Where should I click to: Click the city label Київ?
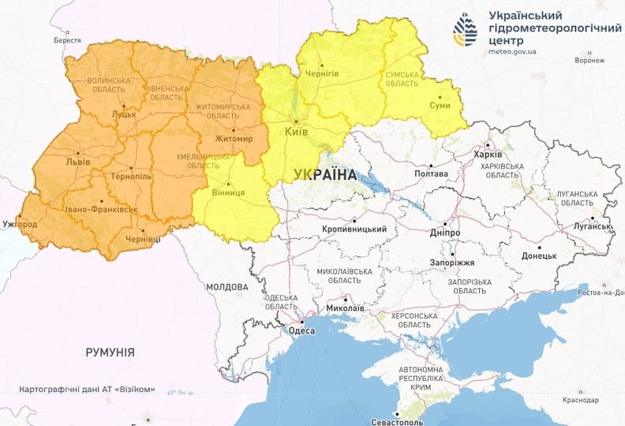297,132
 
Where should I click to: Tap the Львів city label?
77,162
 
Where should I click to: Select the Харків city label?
488,155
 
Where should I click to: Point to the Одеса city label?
301,331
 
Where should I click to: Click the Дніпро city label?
445,234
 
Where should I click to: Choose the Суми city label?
440,105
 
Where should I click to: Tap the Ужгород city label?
19,225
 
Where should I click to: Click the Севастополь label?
398,422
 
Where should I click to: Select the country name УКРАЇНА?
324,174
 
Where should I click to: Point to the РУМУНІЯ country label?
110,352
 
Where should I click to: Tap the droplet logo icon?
465,30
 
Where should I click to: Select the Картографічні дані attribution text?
87,390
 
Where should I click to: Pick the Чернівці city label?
144,239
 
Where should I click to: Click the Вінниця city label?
229,192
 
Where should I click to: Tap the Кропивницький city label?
355,230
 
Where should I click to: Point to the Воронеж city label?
589,60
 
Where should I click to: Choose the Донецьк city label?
540,256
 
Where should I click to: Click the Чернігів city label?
322,73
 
